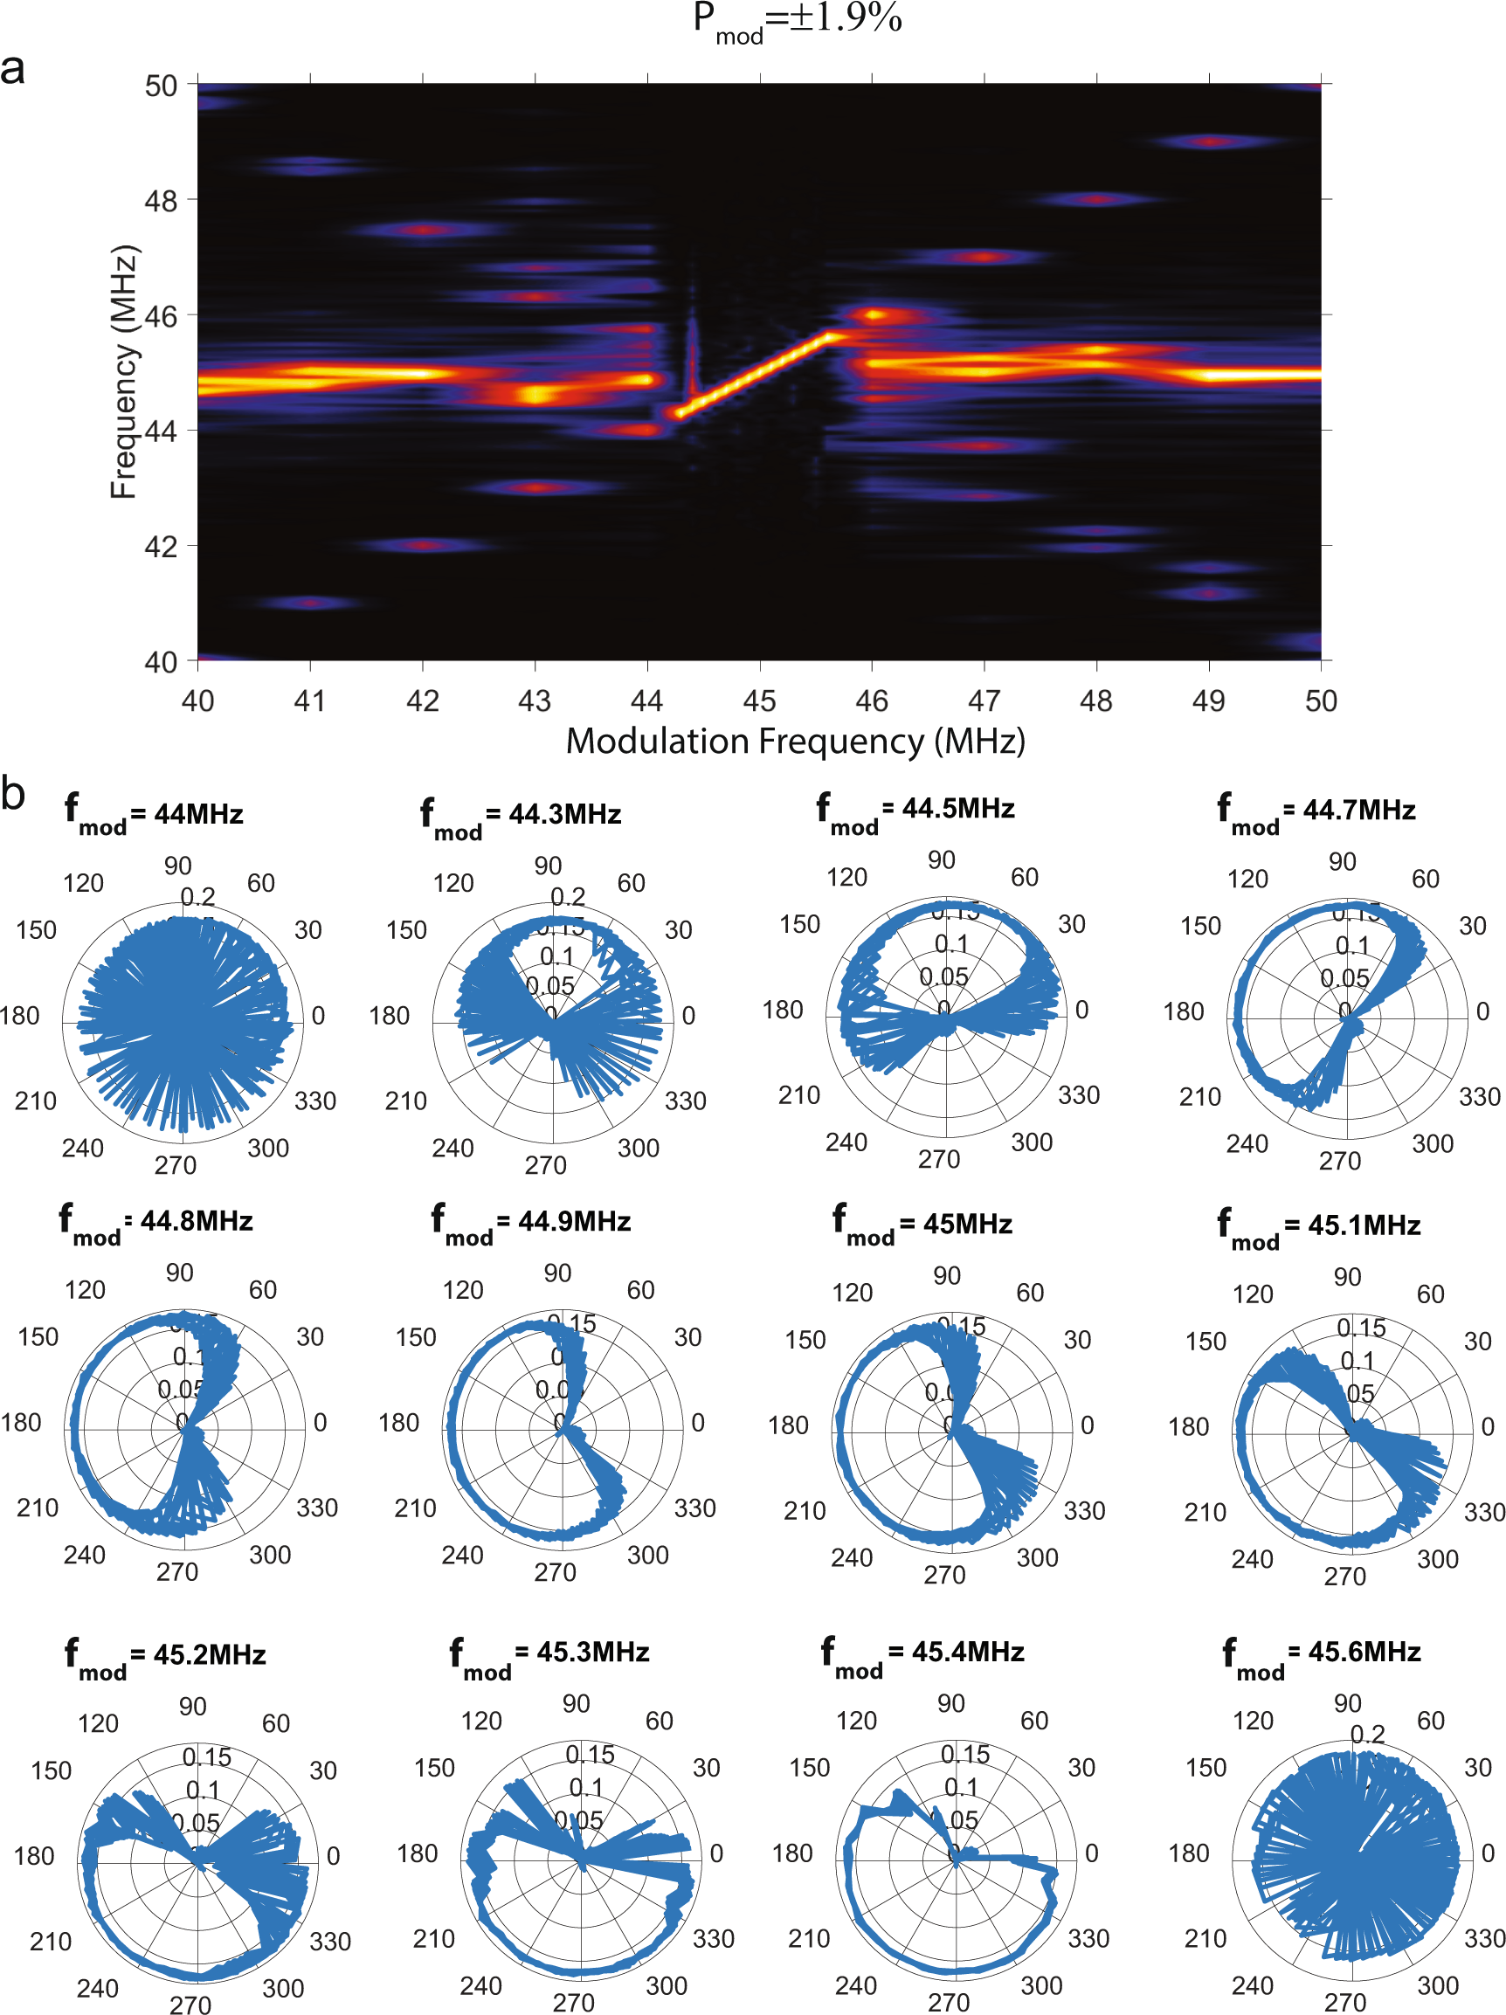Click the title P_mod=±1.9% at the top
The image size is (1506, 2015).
[x=797, y=20]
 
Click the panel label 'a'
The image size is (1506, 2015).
[x=13, y=69]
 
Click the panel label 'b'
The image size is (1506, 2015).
[x=13, y=792]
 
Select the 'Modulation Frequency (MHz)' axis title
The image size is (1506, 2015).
[x=795, y=742]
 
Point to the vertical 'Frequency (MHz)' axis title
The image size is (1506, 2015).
[x=123, y=372]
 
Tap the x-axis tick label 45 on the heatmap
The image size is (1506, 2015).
[x=759, y=700]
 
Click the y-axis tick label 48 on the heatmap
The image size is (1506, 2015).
[x=162, y=200]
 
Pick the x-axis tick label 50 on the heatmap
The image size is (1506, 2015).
[x=1320, y=700]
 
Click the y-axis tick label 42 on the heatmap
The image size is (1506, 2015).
[x=162, y=547]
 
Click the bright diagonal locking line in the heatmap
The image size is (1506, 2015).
[x=756, y=374]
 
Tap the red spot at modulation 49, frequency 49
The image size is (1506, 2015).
[x=1209, y=142]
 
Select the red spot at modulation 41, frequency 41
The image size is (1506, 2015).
[x=311, y=603]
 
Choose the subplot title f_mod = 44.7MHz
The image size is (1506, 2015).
[x=1316, y=811]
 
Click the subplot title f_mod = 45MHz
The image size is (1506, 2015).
[x=922, y=1224]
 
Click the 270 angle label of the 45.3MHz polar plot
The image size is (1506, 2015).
[x=573, y=2002]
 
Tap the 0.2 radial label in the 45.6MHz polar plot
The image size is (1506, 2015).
[x=1367, y=1735]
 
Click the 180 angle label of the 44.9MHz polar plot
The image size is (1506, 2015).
[x=398, y=1423]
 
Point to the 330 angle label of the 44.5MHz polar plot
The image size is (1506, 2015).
[x=1079, y=1095]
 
